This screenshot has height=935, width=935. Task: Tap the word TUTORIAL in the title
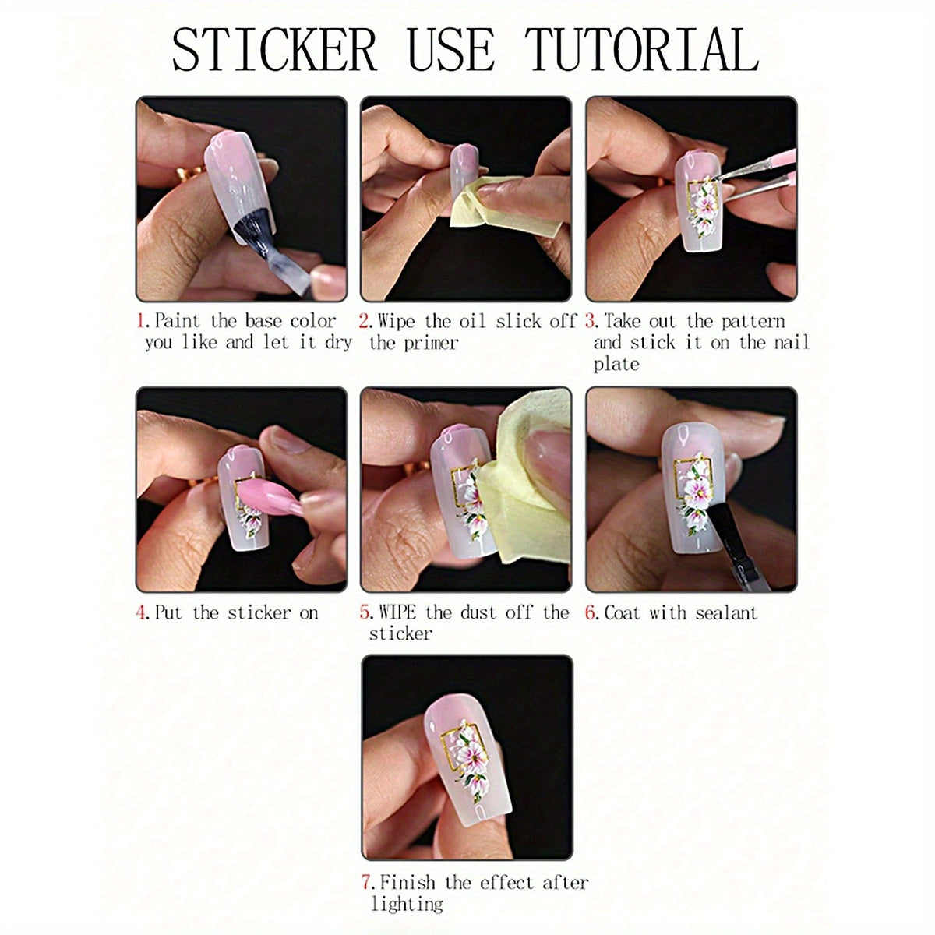[642, 50]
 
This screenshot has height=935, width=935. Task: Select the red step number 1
[141, 321]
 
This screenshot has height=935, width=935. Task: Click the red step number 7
[367, 883]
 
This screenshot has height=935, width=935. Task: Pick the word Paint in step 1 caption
[177, 321]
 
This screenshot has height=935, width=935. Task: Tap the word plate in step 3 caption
[616, 364]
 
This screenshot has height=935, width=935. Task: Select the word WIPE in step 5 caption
[397, 612]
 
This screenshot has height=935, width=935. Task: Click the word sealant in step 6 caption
[726, 612]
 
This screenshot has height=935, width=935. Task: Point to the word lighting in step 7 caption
[407, 904]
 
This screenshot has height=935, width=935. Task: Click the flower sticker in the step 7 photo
[471, 760]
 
